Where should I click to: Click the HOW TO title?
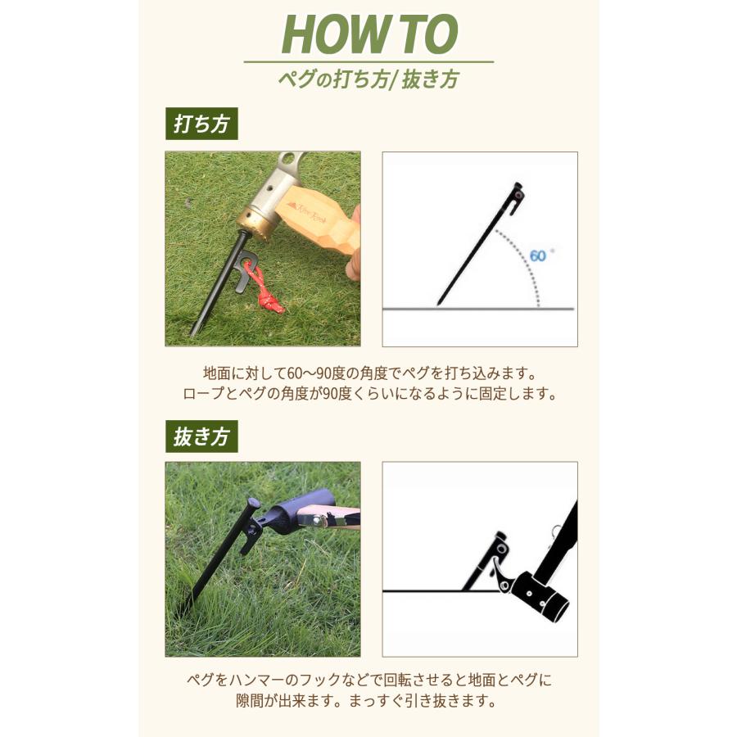click(x=368, y=34)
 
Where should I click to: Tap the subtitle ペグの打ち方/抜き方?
click(x=368, y=79)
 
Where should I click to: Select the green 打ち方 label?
click(x=201, y=124)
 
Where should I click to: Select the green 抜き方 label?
click(x=201, y=436)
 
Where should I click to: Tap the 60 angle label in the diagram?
click(x=538, y=255)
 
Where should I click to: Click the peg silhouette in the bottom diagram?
click(x=483, y=565)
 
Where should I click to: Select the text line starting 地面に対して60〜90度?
click(x=368, y=373)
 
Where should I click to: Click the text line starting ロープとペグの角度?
click(x=368, y=394)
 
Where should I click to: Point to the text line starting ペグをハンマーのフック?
click(x=368, y=681)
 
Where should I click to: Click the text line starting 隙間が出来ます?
click(x=368, y=702)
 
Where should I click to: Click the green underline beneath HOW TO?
click(x=368, y=62)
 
